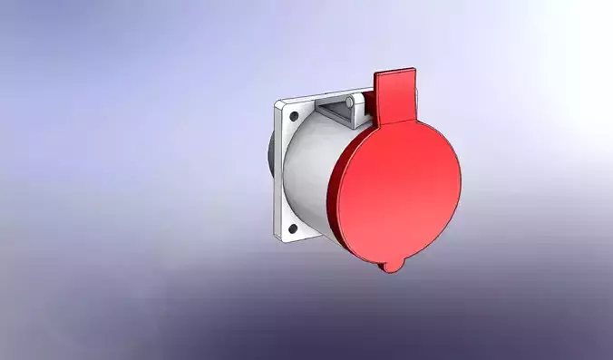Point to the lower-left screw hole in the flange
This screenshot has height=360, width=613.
292,229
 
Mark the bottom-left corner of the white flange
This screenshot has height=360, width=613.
276,238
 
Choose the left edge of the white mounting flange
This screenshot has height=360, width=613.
275,172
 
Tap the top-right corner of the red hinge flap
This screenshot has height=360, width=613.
414,70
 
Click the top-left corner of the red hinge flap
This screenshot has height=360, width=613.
375,77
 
